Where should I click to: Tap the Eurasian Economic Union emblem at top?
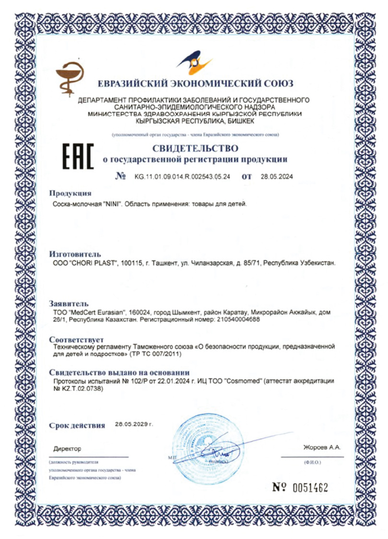(x=194, y=61)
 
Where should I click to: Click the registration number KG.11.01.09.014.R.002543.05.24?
(x=183, y=176)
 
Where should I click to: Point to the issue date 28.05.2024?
(x=277, y=176)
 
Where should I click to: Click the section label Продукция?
(x=70, y=193)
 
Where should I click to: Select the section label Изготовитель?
(x=75, y=254)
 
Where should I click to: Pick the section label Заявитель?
(x=69, y=303)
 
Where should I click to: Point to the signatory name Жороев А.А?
(x=321, y=447)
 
